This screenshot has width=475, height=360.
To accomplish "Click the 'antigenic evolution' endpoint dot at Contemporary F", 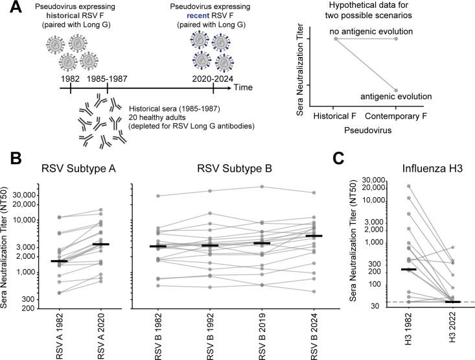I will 395,90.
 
